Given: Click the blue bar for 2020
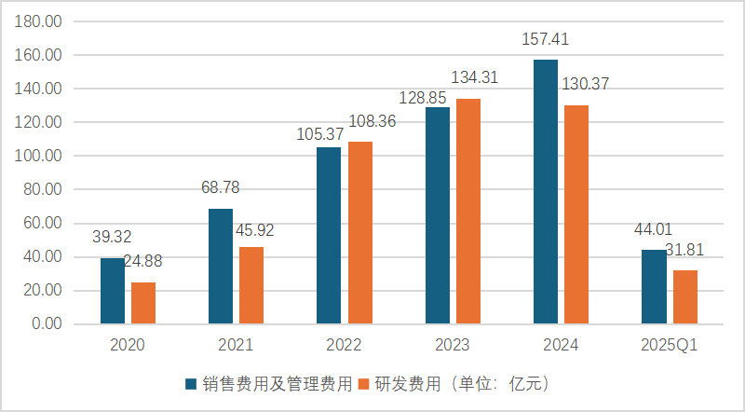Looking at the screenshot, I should (x=113, y=291).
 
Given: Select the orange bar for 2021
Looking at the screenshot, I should (x=251, y=285).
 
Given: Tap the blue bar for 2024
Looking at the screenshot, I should (x=546, y=192).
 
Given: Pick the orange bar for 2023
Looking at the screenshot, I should (x=468, y=212).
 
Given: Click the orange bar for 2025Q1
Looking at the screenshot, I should (x=685, y=297).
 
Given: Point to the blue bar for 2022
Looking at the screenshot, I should (x=329, y=236).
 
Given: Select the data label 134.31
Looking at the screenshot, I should (x=475, y=77).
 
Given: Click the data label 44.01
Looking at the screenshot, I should (x=653, y=229).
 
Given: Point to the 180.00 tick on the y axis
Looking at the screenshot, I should (x=40, y=21).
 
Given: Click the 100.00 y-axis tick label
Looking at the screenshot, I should (x=40, y=156).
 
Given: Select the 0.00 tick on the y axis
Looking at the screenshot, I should (x=46, y=324).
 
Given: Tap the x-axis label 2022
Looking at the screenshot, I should (x=344, y=346).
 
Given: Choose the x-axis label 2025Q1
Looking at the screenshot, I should (x=669, y=346).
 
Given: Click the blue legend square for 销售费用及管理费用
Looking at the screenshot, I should (x=191, y=383).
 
